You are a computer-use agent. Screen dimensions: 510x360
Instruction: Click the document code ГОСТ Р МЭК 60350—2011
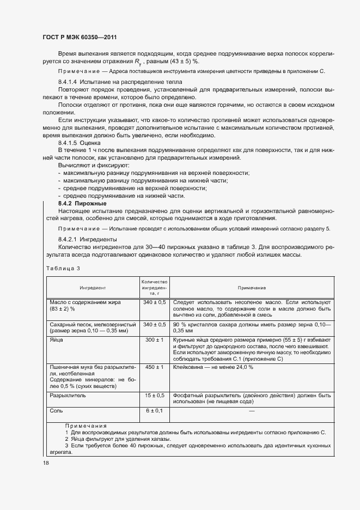click(79, 37)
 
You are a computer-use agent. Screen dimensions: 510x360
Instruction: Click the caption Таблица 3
click(63, 268)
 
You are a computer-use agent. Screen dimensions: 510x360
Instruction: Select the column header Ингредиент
click(93, 287)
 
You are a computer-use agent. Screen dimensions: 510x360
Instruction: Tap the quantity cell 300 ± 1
click(155, 339)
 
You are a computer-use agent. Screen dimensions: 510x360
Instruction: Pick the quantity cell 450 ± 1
click(155, 367)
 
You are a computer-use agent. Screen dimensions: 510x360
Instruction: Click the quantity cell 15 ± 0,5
click(155, 395)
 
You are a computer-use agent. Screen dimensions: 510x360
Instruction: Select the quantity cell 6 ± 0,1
click(155, 410)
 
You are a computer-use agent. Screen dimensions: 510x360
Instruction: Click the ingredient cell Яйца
click(56, 339)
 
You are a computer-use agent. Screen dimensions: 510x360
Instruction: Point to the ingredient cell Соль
click(57, 410)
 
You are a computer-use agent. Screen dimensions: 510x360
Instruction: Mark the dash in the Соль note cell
click(251, 410)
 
